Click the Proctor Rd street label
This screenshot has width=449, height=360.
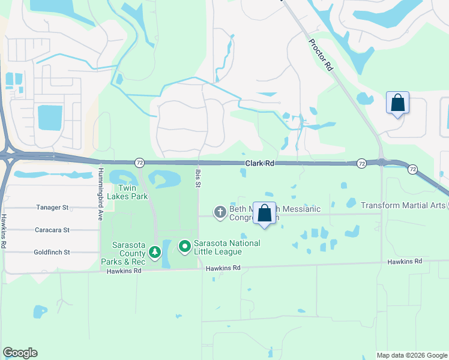pyautogui.click(x=321, y=55)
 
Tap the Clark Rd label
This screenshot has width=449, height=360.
pyautogui.click(x=259, y=163)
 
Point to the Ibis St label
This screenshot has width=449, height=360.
pyautogui.click(x=197, y=178)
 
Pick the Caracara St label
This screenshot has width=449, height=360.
pyautogui.click(x=52, y=230)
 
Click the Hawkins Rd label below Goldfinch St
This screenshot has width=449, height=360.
pyautogui.click(x=123, y=271)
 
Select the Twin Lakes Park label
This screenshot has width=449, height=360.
pyautogui.click(x=127, y=191)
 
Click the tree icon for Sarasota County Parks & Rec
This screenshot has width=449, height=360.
pyautogui.click(x=155, y=251)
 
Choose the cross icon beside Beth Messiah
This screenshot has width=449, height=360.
pyautogui.click(x=220, y=212)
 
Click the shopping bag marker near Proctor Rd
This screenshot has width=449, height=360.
pyautogui.click(x=397, y=103)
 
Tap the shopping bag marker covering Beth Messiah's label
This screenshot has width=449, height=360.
pyautogui.click(x=264, y=213)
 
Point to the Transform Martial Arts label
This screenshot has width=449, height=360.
pyautogui.click(x=403, y=205)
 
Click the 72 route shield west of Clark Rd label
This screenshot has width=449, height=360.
pyautogui.click(x=139, y=163)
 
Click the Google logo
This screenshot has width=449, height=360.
pyautogui.click(x=20, y=353)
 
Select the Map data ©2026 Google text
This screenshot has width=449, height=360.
pyautogui.click(x=412, y=355)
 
